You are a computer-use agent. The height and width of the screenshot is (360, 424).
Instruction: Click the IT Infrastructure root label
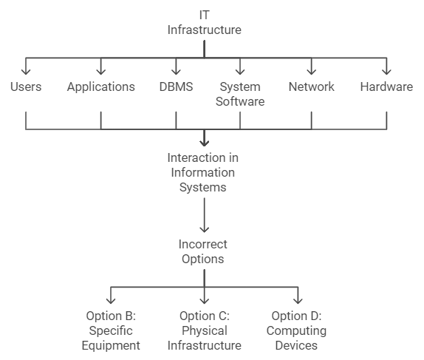pos(205,22)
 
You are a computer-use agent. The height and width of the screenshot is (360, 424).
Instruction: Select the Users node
pos(26,87)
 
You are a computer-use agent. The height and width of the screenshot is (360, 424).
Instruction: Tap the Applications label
pos(101,87)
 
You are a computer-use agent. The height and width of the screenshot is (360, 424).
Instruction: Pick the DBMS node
pos(176,87)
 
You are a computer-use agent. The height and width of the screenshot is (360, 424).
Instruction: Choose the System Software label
pos(240,94)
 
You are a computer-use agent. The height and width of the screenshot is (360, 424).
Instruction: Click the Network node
pos(312,87)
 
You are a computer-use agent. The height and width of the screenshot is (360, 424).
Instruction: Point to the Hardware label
pos(386,87)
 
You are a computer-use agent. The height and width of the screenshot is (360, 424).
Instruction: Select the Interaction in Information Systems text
pos(203,172)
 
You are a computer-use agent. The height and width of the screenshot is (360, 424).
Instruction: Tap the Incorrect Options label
pos(203,251)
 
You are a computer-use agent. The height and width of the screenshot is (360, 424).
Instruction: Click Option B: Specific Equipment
pos(111,330)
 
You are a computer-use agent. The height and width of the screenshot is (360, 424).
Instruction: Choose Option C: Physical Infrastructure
pos(205,330)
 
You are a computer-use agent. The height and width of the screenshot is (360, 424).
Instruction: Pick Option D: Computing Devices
pos(296,330)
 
